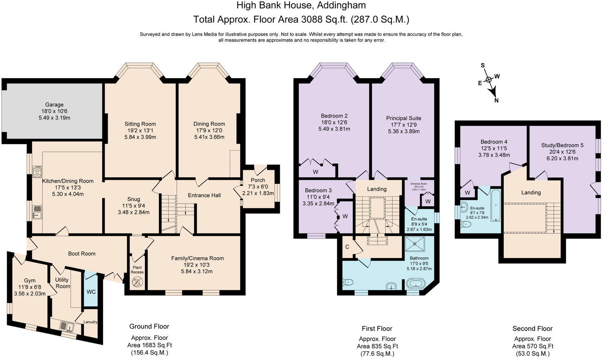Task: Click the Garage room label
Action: point(54,105)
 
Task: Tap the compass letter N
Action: point(496,100)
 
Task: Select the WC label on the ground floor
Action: point(91,292)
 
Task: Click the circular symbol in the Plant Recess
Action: point(137,282)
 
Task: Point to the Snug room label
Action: point(134,199)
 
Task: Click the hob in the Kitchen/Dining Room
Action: point(38,171)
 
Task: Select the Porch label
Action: point(258,180)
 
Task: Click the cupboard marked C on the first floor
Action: point(347,247)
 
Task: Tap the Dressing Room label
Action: point(418,184)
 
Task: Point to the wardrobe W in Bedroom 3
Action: point(345,216)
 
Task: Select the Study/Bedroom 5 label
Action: point(562,145)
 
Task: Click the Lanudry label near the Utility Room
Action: point(90,322)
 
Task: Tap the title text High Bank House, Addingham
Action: point(301,5)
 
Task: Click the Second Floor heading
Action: point(532,328)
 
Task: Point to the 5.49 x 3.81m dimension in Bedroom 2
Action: point(334,129)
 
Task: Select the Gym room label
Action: point(30,280)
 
